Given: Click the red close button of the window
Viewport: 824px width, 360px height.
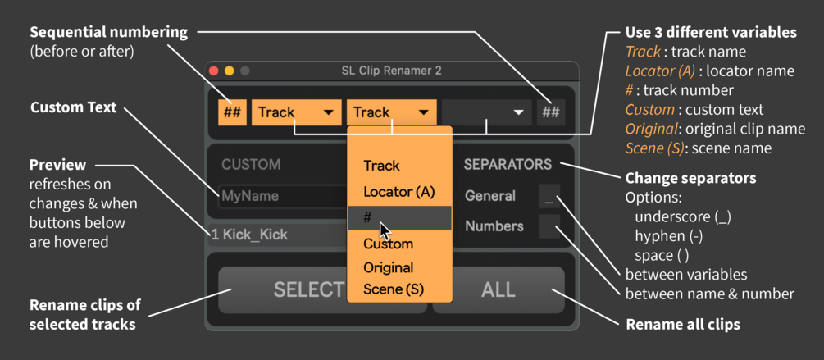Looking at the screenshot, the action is pos(213,71).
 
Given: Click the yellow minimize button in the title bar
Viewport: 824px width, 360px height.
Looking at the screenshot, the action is pos(229,71).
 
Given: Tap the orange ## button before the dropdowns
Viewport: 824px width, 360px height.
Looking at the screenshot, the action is pos(232,112).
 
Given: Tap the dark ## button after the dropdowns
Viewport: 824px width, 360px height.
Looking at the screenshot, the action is pos(551,112).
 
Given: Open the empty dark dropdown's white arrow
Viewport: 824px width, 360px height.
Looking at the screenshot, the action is pos(519,112).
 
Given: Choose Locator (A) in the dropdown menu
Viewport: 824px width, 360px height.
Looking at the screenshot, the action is pos(399,192).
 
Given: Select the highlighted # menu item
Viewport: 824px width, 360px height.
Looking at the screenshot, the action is pos(399,217).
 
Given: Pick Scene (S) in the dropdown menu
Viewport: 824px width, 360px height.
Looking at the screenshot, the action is pos(394,289).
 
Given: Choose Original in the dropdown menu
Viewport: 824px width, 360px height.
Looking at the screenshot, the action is pos(389,267).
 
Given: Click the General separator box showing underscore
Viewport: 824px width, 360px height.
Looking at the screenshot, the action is pos(549,196).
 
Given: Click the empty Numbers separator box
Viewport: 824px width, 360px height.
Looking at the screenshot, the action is pos(549,226).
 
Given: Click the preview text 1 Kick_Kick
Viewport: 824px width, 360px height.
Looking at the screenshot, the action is pos(249,235).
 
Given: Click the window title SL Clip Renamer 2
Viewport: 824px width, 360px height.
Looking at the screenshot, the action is pos(391,71).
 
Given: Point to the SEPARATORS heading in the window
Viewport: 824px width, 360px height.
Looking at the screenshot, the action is pos(508,165).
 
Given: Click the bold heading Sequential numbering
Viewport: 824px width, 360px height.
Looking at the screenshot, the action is pos(109,33).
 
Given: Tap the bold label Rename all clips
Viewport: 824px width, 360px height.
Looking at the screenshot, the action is pos(683,324).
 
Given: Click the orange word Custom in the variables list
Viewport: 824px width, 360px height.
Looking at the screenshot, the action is pos(649,110).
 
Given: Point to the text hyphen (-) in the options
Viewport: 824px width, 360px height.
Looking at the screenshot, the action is pos(668,236).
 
